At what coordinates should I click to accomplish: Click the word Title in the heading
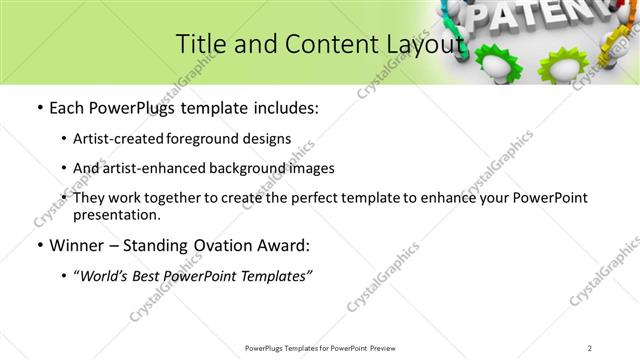[x=200, y=44]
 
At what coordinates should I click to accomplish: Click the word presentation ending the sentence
[x=115, y=214]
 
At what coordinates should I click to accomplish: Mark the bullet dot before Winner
[x=38, y=245]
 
